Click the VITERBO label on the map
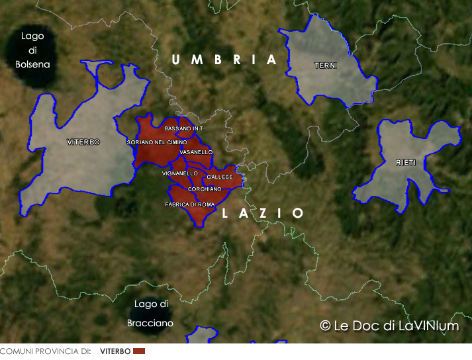[x=83, y=142]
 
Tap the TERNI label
[x=326, y=66]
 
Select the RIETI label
[x=406, y=163]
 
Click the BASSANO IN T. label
[x=185, y=128]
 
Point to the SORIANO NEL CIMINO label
[x=157, y=142]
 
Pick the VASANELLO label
[x=196, y=152]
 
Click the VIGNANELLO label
[x=179, y=173]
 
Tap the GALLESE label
[x=220, y=177]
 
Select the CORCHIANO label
[x=205, y=189]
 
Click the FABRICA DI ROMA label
[x=190, y=205]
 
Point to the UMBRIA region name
[x=224, y=60]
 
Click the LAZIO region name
[x=263, y=213]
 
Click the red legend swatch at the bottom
[x=139, y=351]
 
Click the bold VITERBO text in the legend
[x=115, y=351]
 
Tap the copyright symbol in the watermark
[x=325, y=326]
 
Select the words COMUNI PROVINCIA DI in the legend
[x=45, y=351]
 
